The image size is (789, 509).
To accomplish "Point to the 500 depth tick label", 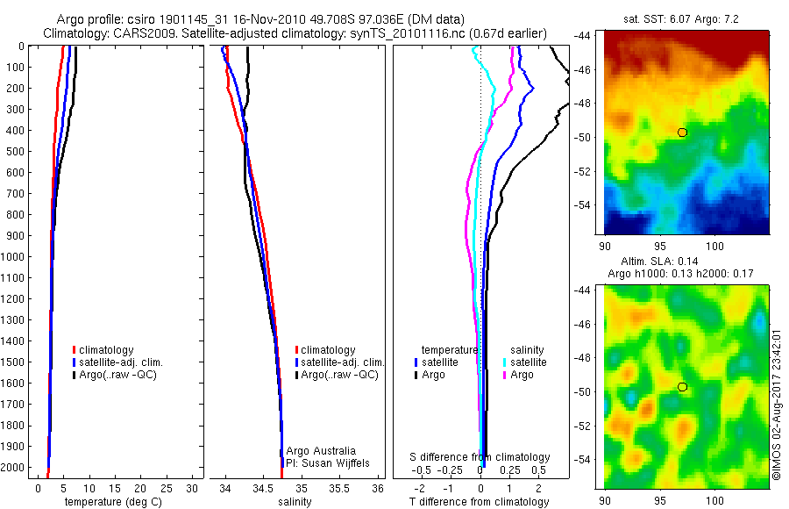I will (16, 151).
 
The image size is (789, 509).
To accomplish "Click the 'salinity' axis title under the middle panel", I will (295, 502).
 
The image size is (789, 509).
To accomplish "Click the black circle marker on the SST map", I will (682, 133).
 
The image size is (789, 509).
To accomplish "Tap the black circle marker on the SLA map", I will (682, 387).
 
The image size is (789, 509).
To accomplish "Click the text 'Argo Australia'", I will (322, 450).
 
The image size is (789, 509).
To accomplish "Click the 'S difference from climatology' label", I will (480, 457).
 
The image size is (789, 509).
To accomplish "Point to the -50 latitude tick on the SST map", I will (586, 137).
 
